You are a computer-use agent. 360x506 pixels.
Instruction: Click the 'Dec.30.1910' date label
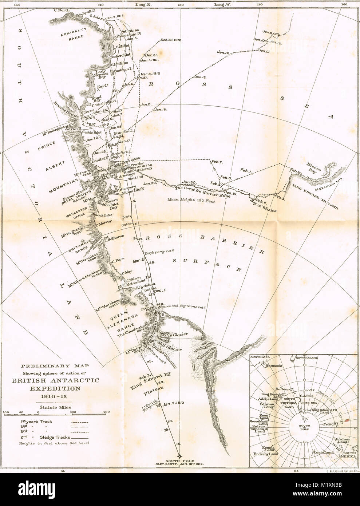click(x=170, y=40)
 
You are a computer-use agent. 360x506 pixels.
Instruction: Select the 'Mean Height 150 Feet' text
click(x=191, y=199)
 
